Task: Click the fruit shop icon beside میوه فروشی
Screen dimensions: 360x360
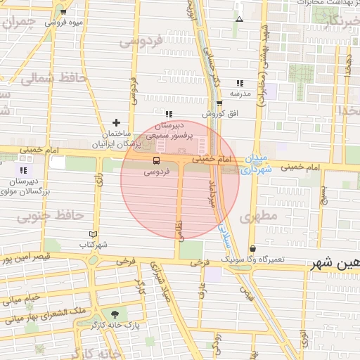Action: point(64,12)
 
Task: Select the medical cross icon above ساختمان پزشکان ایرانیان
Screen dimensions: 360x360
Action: point(117,123)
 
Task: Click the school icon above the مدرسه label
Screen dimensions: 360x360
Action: point(240,83)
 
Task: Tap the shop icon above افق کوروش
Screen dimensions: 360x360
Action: point(219,104)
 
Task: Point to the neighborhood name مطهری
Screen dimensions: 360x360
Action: point(259,217)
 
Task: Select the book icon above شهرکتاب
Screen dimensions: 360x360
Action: point(94,234)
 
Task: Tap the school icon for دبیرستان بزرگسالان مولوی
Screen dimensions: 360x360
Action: point(23,170)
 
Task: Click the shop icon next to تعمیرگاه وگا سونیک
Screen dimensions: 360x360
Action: point(252,249)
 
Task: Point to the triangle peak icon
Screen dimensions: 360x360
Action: point(240,18)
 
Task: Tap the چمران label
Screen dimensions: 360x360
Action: point(18,22)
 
